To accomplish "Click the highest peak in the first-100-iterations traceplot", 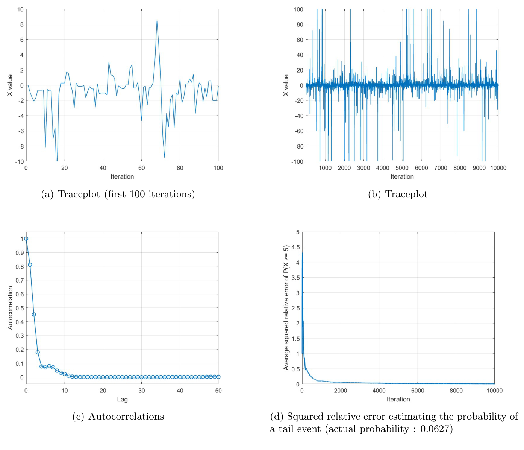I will tap(157, 21).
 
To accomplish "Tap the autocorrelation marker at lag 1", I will tap(30, 265).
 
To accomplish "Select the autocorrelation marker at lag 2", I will tap(34, 315).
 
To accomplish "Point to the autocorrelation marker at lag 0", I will tap(26, 239).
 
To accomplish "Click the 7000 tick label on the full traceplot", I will tap(441, 168).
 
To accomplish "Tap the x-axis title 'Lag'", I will tap(122, 399).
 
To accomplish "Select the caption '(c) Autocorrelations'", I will tap(118, 417).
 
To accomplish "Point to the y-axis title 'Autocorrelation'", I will tap(10, 308).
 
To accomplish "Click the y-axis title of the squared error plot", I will tap(286, 308).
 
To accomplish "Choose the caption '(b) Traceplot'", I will tap(398, 194).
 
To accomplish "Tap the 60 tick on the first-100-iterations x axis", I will tap(141, 168).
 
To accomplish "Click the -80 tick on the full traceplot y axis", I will tap(298, 146).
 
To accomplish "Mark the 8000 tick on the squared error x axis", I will tap(456, 391).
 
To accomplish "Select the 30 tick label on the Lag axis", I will tap(141, 391).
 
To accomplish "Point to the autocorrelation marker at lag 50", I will tap(218, 377).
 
